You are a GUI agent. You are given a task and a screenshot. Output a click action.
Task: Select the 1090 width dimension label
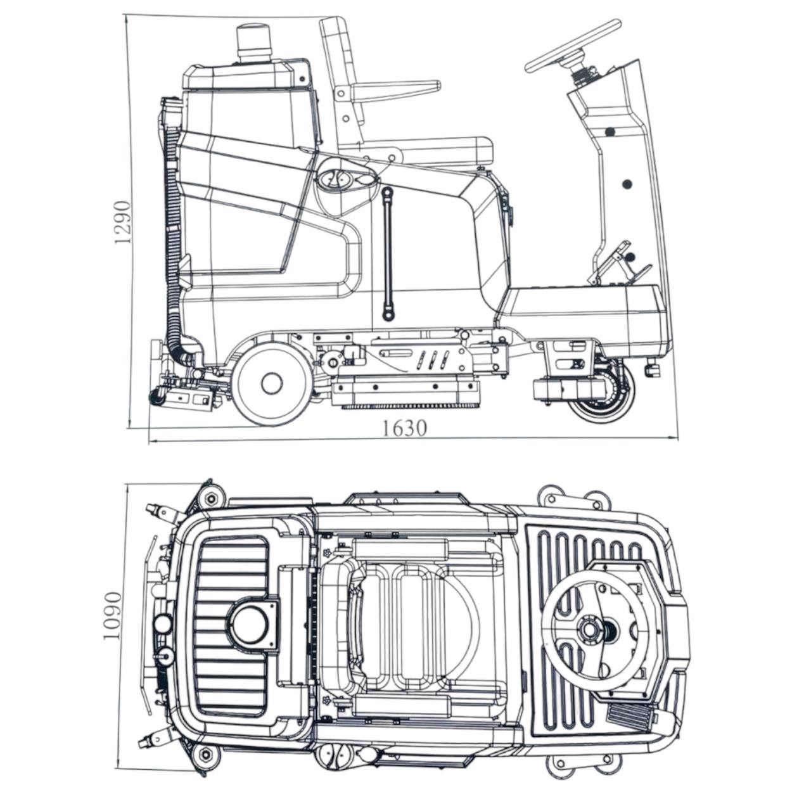(x=112, y=616)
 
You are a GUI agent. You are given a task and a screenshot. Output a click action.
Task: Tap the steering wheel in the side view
(x=573, y=46)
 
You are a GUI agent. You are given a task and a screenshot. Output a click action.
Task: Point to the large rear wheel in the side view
(x=271, y=381)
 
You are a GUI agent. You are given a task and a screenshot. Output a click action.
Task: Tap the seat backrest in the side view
(x=342, y=70)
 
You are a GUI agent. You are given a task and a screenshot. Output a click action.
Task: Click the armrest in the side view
(x=396, y=88)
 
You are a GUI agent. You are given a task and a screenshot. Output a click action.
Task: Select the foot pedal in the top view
(x=627, y=717)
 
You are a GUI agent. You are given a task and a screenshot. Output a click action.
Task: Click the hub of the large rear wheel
(x=271, y=381)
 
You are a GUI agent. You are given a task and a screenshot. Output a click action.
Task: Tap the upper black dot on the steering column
(x=610, y=132)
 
